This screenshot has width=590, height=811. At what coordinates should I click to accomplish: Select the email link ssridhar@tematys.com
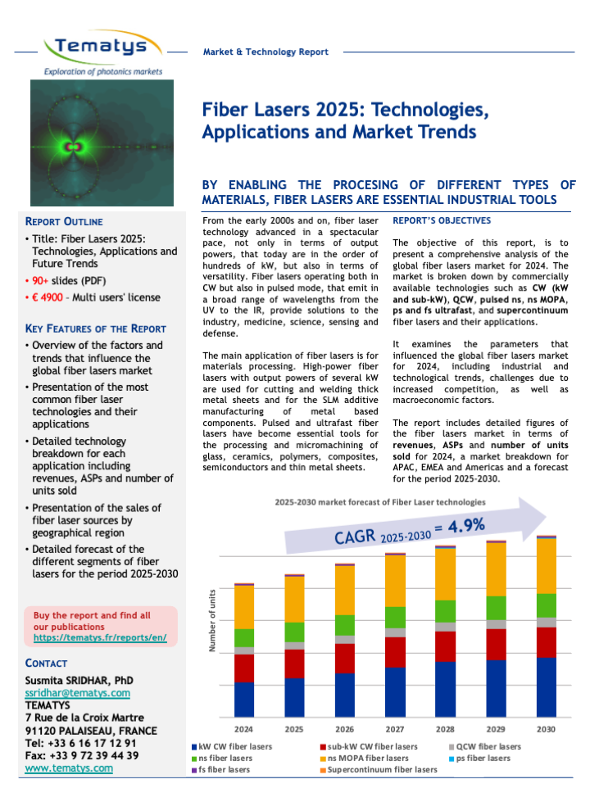coord(78,693)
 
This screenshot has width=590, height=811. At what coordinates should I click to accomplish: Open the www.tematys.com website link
coord(69,768)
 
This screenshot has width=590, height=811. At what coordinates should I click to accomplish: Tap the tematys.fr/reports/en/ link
coord(100,637)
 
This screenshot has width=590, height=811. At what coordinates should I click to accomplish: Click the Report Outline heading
coord(65,221)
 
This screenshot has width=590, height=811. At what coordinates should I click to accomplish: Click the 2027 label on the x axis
coord(395,728)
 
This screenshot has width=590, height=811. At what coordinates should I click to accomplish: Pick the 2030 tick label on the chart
coord(546,728)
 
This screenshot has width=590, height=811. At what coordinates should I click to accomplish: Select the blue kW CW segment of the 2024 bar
coord(244,700)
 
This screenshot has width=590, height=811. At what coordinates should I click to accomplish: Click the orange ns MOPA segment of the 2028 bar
coord(445,574)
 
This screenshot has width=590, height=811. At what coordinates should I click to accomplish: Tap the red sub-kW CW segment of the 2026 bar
coord(345,658)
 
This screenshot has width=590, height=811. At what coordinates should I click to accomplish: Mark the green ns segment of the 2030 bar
coord(546,605)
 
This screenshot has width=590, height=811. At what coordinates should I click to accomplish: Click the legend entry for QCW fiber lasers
coord(488,746)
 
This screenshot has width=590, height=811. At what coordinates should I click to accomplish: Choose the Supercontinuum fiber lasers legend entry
coord(382,769)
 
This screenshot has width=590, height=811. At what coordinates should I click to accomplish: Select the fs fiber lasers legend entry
coord(223,769)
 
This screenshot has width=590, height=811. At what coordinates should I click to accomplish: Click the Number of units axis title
coord(211,620)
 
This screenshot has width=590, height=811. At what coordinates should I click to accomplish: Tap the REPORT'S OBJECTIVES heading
coord(442,220)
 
